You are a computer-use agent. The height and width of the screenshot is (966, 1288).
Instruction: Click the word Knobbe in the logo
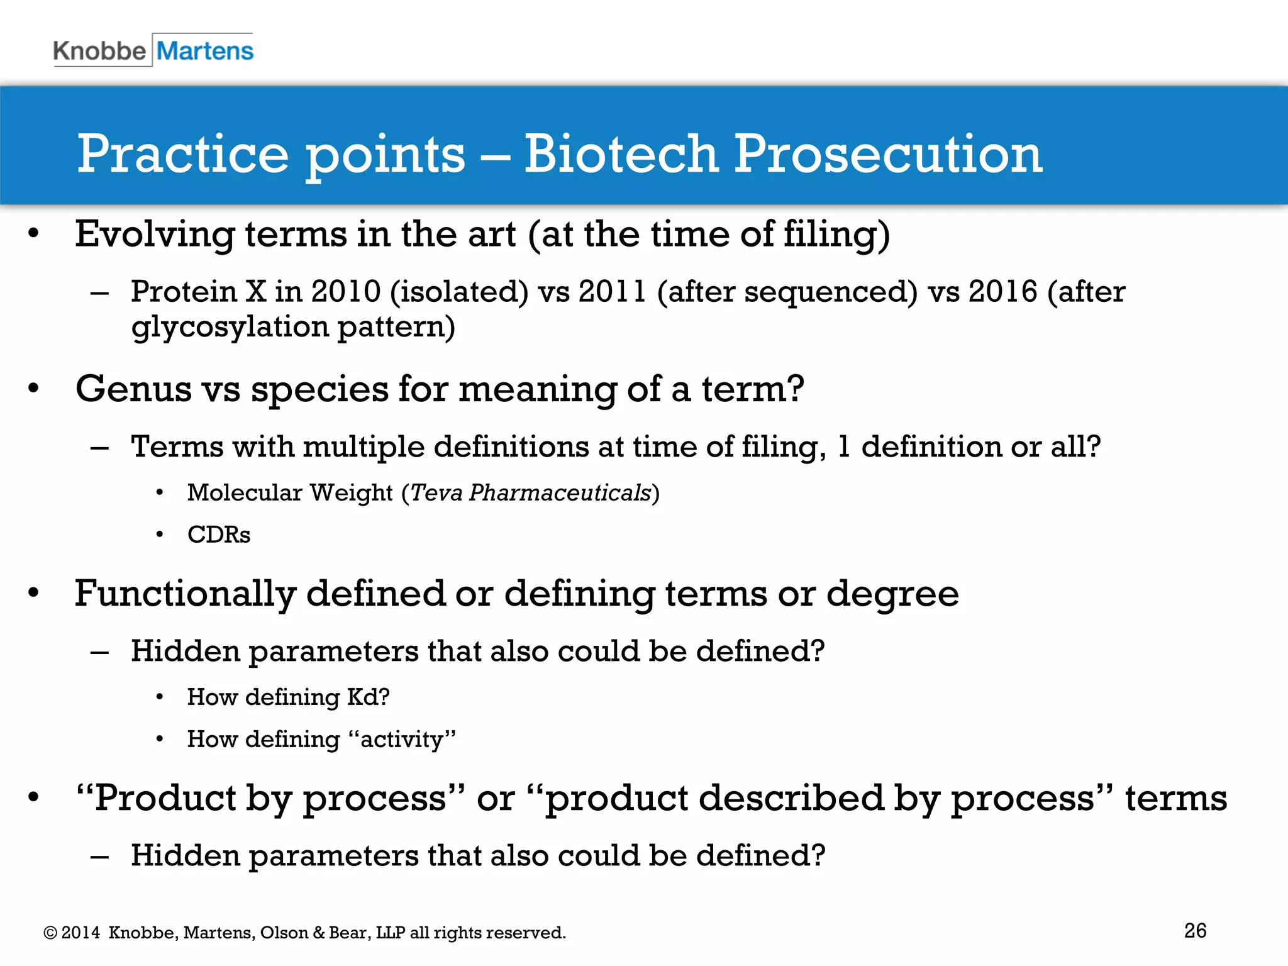pyautogui.click(x=99, y=50)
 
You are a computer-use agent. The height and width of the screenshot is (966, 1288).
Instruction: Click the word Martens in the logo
pyautogui.click(x=205, y=50)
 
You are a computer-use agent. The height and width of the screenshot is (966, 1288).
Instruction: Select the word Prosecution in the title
pyautogui.click(x=888, y=154)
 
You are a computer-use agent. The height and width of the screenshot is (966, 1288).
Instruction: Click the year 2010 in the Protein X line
pyautogui.click(x=346, y=292)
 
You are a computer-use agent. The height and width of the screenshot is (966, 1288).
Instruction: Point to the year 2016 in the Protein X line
pyautogui.click(x=1002, y=292)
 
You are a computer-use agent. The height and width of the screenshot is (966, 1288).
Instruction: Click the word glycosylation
pyautogui.click(x=230, y=327)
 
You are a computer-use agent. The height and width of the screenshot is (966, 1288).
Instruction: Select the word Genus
pyautogui.click(x=133, y=389)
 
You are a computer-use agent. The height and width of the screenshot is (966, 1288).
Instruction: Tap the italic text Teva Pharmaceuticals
pyautogui.click(x=530, y=492)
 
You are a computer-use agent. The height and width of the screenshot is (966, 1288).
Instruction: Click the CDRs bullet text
pyautogui.click(x=219, y=535)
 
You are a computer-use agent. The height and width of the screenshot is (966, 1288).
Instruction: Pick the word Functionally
pyautogui.click(x=186, y=594)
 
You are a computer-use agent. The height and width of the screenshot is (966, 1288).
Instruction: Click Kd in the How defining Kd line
pyautogui.click(x=362, y=697)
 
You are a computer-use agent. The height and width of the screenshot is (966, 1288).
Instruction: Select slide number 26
pyautogui.click(x=1195, y=931)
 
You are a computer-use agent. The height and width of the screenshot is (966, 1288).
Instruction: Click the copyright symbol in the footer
pyautogui.click(x=50, y=933)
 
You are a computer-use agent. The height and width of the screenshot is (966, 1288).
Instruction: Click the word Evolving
pyautogui.click(x=155, y=235)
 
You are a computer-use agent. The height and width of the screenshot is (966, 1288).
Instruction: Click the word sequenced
pyautogui.click(x=830, y=292)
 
